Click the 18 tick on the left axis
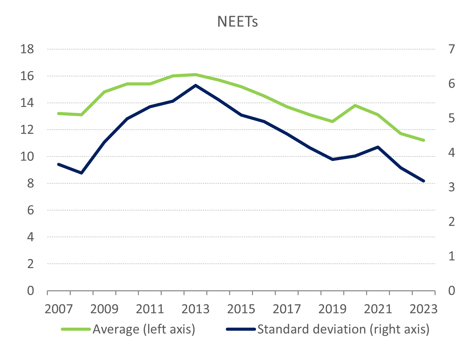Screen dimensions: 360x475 pyautogui.click(x=27, y=49)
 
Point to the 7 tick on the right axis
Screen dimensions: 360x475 pyautogui.click(x=452, y=49)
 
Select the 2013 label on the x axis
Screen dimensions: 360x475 pyautogui.click(x=195, y=309)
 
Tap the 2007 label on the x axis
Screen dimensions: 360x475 pyautogui.click(x=59, y=309)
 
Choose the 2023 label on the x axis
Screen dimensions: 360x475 pyautogui.click(x=423, y=309)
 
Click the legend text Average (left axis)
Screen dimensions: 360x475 pyautogui.click(x=144, y=329)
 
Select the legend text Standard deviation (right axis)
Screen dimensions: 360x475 pyautogui.click(x=343, y=329)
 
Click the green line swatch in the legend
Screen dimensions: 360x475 pyautogui.click(x=76, y=329)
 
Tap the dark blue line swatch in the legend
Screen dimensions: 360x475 pyautogui.click(x=241, y=329)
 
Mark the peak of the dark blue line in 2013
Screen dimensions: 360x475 pyautogui.click(x=196, y=85)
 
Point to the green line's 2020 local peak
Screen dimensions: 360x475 pyautogui.click(x=355, y=105)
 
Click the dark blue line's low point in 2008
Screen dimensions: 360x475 pyautogui.click(x=81, y=173)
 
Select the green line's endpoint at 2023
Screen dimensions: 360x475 pyautogui.click(x=423, y=140)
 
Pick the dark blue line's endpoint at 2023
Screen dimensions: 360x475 pyautogui.click(x=423, y=181)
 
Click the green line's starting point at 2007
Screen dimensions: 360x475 pyautogui.click(x=59, y=113)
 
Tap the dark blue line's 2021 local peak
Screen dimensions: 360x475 pyautogui.click(x=378, y=147)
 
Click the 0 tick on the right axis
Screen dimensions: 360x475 pyautogui.click(x=452, y=291)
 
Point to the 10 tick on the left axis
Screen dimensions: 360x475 pyautogui.click(x=27, y=157)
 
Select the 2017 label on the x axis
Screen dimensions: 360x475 pyautogui.click(x=287, y=309)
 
